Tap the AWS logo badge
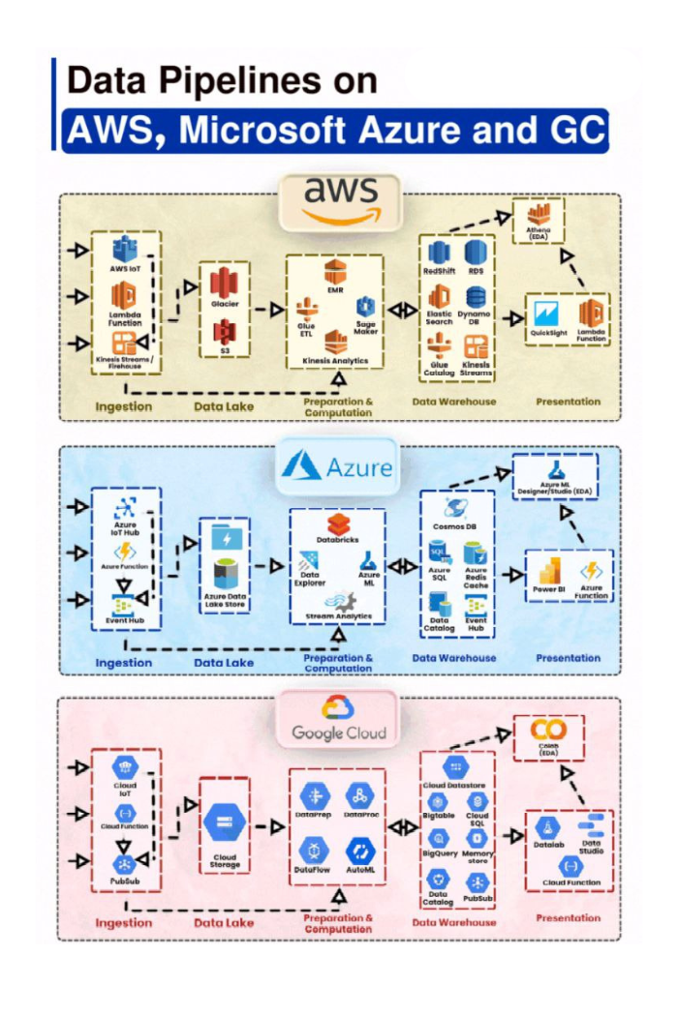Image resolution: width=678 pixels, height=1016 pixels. pyautogui.click(x=339, y=201)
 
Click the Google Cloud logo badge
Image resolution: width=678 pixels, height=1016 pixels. pyautogui.click(x=339, y=719)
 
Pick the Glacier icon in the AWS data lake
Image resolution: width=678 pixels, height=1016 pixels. pyautogui.click(x=225, y=282)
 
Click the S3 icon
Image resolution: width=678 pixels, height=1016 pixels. pyautogui.click(x=225, y=331)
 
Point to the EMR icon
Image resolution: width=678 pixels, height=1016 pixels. pyautogui.click(x=335, y=272)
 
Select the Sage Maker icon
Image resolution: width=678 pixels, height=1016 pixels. pyautogui.click(x=365, y=309)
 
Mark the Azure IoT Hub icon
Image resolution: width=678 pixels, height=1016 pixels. pyautogui.click(x=124, y=508)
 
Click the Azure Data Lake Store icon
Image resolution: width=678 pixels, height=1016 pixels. pyautogui.click(x=225, y=570)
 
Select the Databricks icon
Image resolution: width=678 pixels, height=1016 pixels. pyautogui.click(x=337, y=525)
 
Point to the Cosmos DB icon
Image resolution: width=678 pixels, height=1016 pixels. pyautogui.click(x=456, y=508)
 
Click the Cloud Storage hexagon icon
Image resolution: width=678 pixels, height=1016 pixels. pyautogui.click(x=225, y=823)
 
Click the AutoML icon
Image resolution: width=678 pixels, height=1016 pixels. pyautogui.click(x=360, y=852)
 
